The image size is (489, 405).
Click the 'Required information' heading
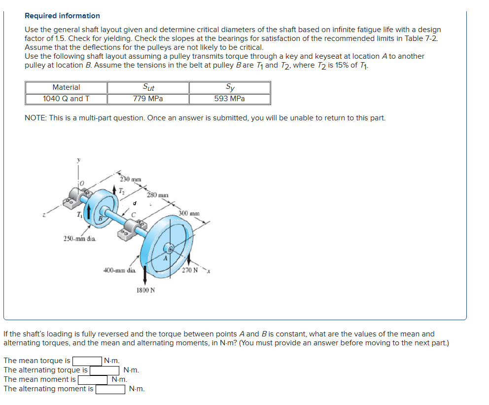click(62, 16)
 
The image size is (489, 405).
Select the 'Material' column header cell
click(66, 87)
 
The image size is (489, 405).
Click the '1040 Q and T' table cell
click(66, 99)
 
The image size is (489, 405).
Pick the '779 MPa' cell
click(148, 99)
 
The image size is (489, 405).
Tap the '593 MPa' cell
click(229, 99)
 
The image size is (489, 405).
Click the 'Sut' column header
click(148, 87)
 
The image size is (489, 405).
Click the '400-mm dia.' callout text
click(119, 270)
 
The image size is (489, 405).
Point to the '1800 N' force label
click(145, 290)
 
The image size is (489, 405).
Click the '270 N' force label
click(189, 270)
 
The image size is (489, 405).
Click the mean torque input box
click(88, 361)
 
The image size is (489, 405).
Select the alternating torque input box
click(104, 370)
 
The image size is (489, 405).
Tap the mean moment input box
click(93, 379)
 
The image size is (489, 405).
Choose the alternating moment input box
click(110, 389)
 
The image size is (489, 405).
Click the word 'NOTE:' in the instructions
click(35, 118)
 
